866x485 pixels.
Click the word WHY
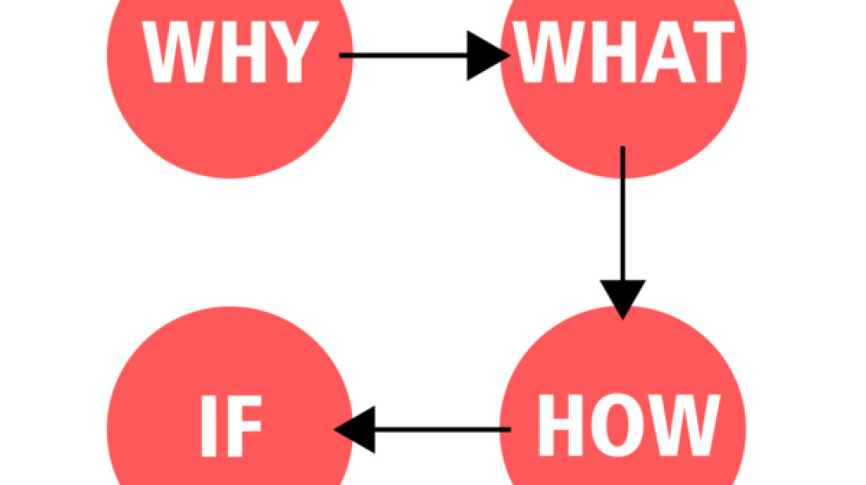point(230,54)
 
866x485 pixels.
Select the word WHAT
point(623,54)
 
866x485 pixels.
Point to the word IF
point(231,428)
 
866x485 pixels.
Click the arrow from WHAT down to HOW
point(623,225)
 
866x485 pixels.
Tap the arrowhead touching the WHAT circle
point(489,57)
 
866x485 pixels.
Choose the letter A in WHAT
point(660,54)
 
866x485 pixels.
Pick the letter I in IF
point(208,428)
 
